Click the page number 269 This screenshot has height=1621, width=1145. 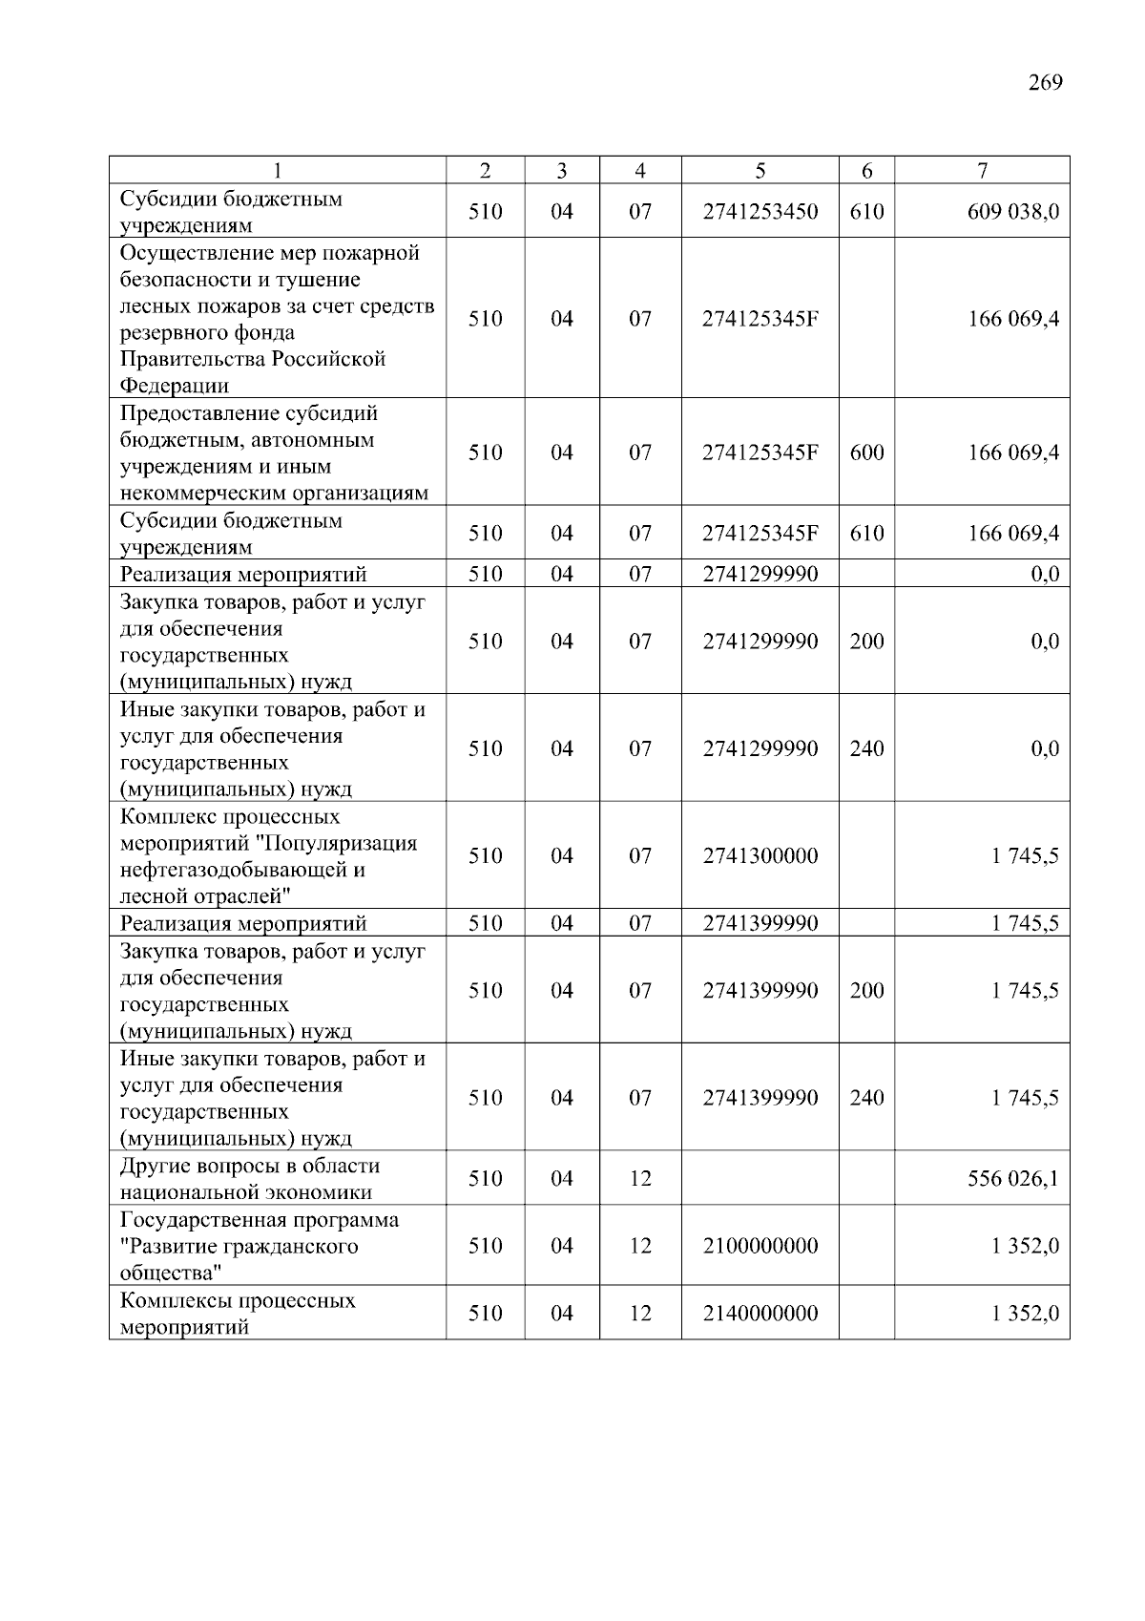(x=1045, y=83)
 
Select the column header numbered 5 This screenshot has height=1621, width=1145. (x=760, y=171)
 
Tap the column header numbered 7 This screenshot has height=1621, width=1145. (x=982, y=171)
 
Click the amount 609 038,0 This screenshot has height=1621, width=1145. (x=1013, y=212)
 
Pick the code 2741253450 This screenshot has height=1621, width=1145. (x=760, y=212)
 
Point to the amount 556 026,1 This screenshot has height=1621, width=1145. (x=1013, y=1179)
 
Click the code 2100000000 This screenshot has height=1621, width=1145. (x=760, y=1246)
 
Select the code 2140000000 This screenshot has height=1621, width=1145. (x=760, y=1314)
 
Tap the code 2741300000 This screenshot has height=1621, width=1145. (x=760, y=856)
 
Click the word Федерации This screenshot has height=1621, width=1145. (x=175, y=387)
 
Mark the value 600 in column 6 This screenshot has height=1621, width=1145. (x=866, y=453)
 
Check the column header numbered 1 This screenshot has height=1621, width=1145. (x=278, y=171)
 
